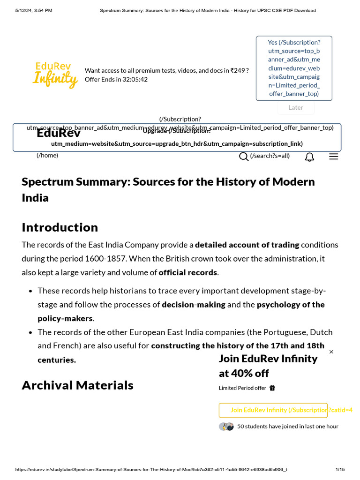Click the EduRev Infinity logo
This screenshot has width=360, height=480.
click(55, 75)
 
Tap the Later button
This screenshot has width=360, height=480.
click(295, 107)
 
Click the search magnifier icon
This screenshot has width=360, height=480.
click(244, 157)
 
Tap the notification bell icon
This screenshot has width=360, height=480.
click(309, 157)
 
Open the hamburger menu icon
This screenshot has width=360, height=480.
click(333, 157)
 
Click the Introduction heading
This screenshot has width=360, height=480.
click(60, 227)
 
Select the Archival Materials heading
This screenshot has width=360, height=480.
click(77, 385)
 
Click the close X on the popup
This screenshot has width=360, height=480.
click(331, 352)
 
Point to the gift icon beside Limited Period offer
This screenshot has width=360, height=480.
click(272, 388)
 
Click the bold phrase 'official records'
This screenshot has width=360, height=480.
click(187, 272)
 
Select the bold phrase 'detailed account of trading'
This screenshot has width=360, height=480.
click(247, 245)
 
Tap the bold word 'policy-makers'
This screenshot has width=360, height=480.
click(65, 319)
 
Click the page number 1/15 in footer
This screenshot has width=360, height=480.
click(340, 470)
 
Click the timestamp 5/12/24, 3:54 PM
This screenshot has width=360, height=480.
click(34, 10)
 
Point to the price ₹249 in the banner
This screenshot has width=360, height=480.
click(237, 71)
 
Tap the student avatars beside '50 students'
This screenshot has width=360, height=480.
click(226, 427)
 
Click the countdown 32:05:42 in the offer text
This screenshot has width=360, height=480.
click(135, 80)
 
